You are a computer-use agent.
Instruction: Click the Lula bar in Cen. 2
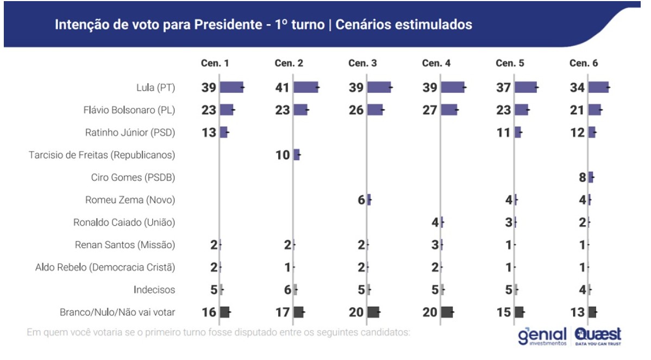pos(305,87)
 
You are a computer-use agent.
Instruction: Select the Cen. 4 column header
pos(436,63)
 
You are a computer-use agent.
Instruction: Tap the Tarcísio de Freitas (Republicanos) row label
pos(102,155)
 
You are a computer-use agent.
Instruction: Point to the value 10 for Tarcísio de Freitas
pos(283,155)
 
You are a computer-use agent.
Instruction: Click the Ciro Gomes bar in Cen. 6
pos(591,177)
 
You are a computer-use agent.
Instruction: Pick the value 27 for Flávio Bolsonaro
pos(430,110)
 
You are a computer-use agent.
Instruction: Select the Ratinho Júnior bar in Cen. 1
pos(223,132)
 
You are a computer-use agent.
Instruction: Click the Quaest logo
pos(598,335)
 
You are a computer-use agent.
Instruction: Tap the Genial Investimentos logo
pos(541,336)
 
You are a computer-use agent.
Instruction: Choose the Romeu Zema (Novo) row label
pos(130,200)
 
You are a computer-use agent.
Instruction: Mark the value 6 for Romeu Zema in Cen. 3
pos(361,200)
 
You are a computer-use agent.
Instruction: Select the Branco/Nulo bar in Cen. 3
pos(373,312)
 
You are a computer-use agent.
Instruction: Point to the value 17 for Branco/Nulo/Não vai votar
pos(283,312)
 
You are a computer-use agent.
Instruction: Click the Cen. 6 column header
pos(584,63)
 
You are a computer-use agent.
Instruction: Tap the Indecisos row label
pos(154,289)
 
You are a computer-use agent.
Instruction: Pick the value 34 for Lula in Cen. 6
pos(577,87)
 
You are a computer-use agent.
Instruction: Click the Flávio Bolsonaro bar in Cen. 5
pos(521,110)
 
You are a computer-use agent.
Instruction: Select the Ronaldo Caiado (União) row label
pos(124,222)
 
